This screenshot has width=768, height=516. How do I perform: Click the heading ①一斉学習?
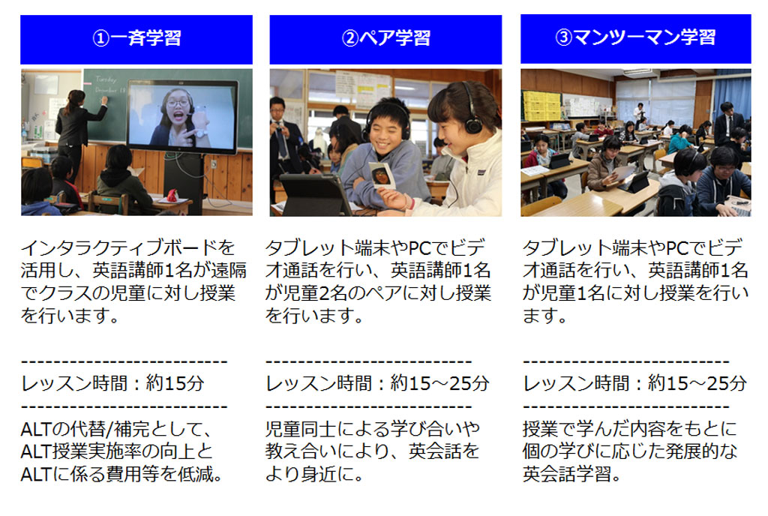136,37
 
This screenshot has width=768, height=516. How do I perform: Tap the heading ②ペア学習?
386,37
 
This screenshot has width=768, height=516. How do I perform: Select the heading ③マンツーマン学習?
635,37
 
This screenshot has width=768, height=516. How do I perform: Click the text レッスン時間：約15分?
112,383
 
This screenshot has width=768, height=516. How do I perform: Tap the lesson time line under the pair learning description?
377,383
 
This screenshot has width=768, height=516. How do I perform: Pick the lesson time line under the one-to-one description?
634,383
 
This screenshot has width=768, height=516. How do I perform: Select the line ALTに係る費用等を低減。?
122,474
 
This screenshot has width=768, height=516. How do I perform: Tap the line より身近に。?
314,474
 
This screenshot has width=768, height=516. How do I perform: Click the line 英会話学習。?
571,474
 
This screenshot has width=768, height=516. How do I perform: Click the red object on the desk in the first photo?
172,195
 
